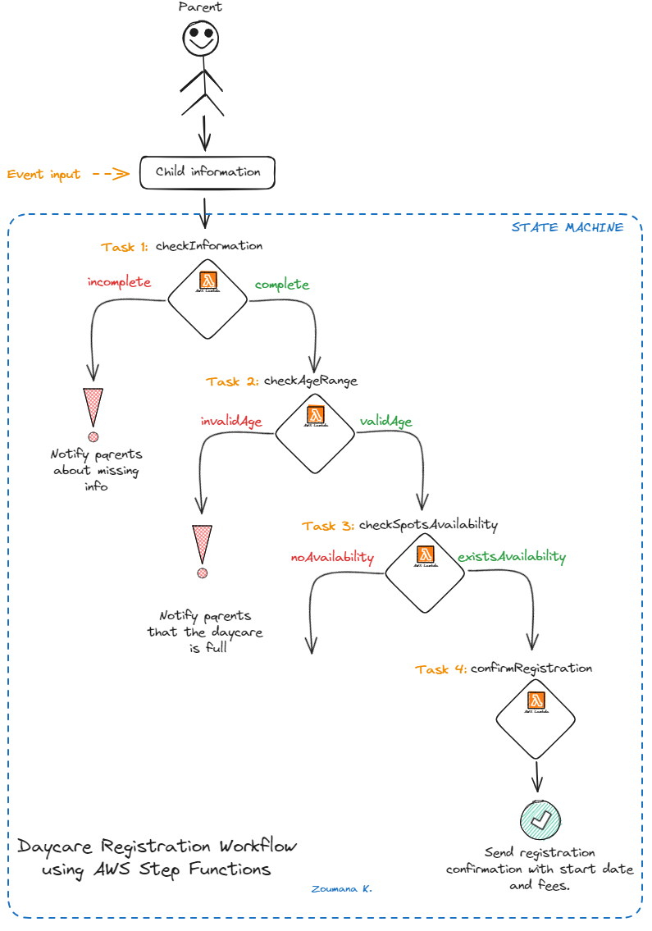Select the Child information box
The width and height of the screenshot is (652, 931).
point(207,172)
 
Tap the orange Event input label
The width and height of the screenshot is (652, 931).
point(44,174)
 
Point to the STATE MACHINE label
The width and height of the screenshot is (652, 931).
point(567,227)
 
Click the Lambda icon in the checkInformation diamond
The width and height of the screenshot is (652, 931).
point(208,280)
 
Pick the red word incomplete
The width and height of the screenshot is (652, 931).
point(120,282)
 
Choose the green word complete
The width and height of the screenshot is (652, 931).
point(281,285)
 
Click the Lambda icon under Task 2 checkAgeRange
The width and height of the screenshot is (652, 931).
point(315,415)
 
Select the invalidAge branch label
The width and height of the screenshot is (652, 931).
point(231,421)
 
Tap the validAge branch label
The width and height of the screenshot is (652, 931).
point(385,422)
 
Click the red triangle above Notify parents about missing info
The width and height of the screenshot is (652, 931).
point(93,407)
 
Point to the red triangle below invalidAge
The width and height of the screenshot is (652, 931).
point(202,543)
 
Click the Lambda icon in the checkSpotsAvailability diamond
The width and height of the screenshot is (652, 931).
point(425,555)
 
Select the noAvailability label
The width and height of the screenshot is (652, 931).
point(332,557)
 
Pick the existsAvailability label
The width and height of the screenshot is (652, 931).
point(512,556)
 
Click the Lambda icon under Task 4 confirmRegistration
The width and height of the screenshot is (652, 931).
point(536,701)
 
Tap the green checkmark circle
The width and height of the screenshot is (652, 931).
point(540,819)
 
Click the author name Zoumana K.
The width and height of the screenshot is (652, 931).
point(342,888)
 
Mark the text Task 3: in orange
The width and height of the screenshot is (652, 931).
point(328,526)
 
